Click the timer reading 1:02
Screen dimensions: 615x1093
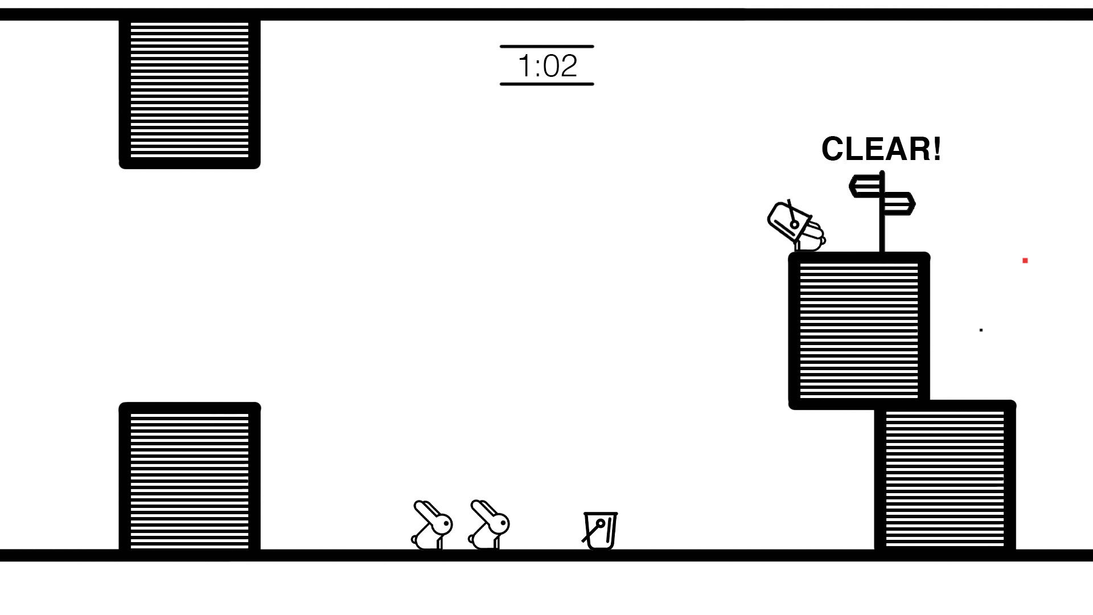(547, 65)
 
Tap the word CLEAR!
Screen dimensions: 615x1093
(881, 149)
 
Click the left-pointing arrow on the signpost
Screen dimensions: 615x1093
(864, 187)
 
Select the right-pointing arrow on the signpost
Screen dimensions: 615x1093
(899, 203)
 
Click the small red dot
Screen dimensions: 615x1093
(1025, 261)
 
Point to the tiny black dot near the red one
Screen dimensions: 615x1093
(981, 330)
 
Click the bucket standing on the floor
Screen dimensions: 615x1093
(601, 531)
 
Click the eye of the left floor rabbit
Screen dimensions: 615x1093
(447, 522)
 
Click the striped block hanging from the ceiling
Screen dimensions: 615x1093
(190, 91)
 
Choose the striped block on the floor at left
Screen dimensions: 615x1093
(190, 478)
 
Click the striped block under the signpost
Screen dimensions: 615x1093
(859, 330)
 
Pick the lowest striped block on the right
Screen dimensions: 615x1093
(945, 478)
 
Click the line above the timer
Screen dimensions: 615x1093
(546, 46)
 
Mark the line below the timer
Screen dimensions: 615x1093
(546, 84)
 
